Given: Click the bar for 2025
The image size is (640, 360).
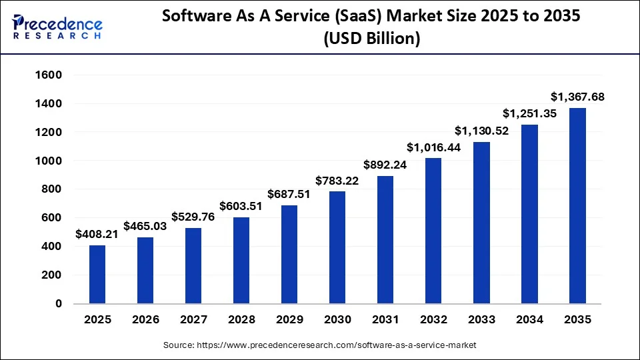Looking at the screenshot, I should pyautogui.click(x=97, y=274).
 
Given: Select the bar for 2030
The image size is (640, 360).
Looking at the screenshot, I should pyautogui.click(x=337, y=247).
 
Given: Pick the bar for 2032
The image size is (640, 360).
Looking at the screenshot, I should pyautogui.click(x=433, y=231).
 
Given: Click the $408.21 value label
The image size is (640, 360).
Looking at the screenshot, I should pyautogui.click(x=97, y=234).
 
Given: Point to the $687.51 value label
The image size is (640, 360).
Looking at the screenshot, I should pyautogui.click(x=289, y=194).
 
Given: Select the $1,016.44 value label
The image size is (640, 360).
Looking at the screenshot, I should pyautogui.click(x=433, y=147).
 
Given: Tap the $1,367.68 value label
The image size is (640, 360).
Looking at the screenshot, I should pyautogui.click(x=577, y=97).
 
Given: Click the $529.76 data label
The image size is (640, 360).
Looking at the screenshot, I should pyautogui.click(x=193, y=217).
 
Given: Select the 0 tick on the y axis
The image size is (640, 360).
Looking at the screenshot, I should pyautogui.click(x=59, y=303).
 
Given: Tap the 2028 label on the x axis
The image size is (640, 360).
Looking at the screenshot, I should pyautogui.click(x=241, y=319).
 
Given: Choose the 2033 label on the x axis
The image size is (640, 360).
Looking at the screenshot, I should pyautogui.click(x=481, y=319).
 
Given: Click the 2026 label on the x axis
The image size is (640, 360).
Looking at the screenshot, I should pyautogui.click(x=145, y=319).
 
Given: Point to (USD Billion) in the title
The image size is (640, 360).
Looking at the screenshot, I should pyautogui.click(x=371, y=39).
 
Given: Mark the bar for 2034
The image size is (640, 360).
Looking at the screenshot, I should pyautogui.click(x=529, y=214).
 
